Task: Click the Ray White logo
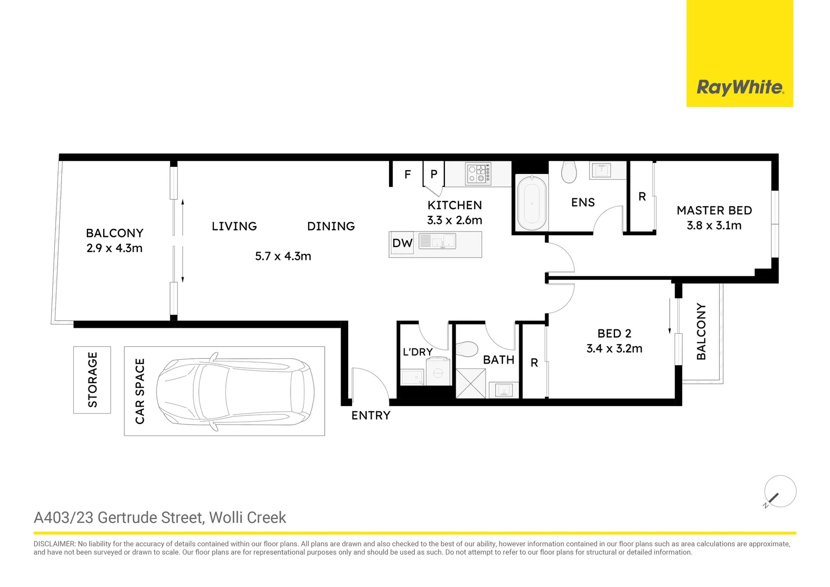[x=740, y=87]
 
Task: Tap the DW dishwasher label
[x=402, y=243]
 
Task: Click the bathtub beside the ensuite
[x=531, y=203]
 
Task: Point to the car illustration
[x=235, y=391]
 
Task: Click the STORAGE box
[x=92, y=379]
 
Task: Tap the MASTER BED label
[x=714, y=210]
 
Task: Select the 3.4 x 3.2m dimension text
[x=614, y=348]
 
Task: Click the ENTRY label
[x=370, y=415]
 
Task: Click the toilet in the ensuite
[x=569, y=172]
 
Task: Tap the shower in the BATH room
[x=470, y=383]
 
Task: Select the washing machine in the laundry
[x=438, y=372]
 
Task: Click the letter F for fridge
[x=407, y=174]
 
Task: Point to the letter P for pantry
[x=433, y=174]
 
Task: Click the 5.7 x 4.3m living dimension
[x=283, y=256]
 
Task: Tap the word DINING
[x=331, y=226]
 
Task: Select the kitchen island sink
[x=438, y=241]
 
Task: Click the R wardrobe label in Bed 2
[x=534, y=363]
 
